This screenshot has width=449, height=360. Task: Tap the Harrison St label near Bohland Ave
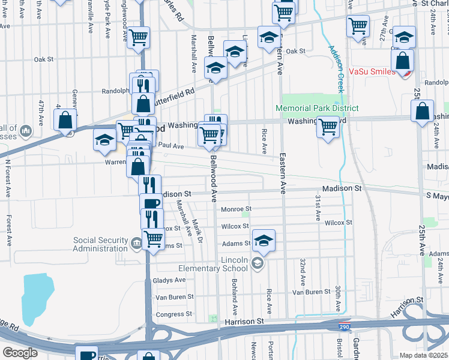(244, 322)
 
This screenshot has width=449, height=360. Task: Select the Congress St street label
(173, 314)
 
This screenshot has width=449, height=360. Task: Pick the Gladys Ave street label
(170, 280)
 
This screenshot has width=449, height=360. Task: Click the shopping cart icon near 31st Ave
(328, 127)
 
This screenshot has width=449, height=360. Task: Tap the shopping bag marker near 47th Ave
(65, 119)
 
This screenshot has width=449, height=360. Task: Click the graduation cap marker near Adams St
(264, 241)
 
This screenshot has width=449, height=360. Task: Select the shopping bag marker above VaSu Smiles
(402, 60)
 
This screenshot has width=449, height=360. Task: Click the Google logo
(20, 352)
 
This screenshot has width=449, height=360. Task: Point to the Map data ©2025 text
(424, 355)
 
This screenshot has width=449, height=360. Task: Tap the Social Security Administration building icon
(136, 242)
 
